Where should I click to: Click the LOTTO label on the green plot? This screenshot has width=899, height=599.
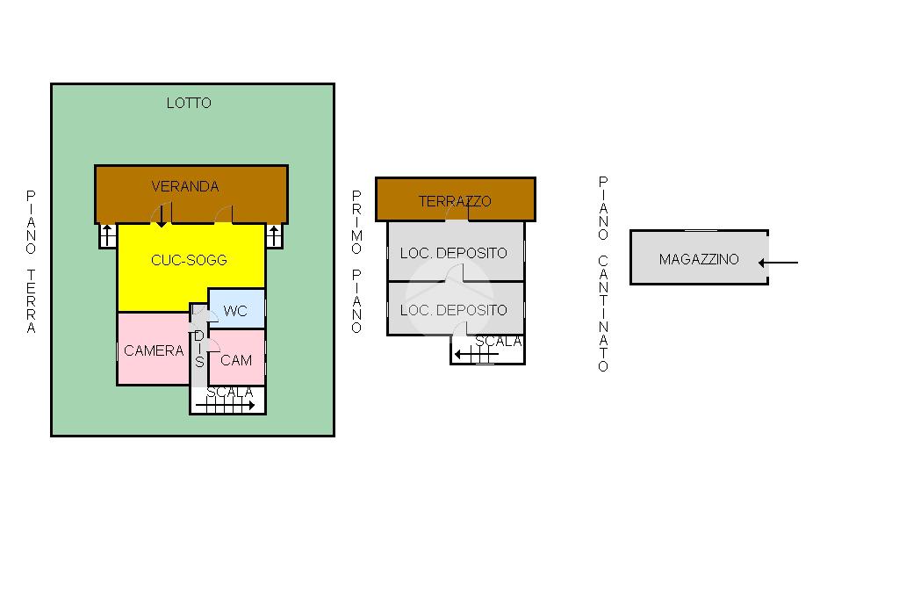point(189,104)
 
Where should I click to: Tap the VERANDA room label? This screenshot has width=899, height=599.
point(184,186)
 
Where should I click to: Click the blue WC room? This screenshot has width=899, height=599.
point(236,308)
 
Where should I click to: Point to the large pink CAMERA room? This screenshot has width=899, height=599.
point(153,349)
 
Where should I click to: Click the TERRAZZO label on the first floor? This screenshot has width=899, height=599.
point(455,201)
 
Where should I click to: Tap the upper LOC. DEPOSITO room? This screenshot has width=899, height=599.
point(456,251)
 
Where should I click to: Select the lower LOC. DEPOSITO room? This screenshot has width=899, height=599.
point(456,308)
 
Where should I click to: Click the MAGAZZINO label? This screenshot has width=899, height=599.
point(699,259)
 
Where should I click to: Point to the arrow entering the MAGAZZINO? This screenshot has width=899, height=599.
point(778,263)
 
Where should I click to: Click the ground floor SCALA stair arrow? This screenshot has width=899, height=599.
point(226,406)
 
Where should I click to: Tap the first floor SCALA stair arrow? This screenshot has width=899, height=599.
point(477,355)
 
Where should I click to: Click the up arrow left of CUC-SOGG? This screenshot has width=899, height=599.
point(107,235)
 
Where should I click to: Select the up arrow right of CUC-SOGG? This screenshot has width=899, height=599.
point(274,235)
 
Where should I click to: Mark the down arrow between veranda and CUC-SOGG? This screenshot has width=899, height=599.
point(162,215)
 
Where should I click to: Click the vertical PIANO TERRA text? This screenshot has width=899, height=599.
point(31,262)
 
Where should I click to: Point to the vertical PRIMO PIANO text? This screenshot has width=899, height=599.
point(356,262)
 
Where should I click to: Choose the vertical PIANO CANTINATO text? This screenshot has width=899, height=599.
point(603,274)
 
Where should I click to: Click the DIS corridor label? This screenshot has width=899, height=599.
point(199,349)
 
